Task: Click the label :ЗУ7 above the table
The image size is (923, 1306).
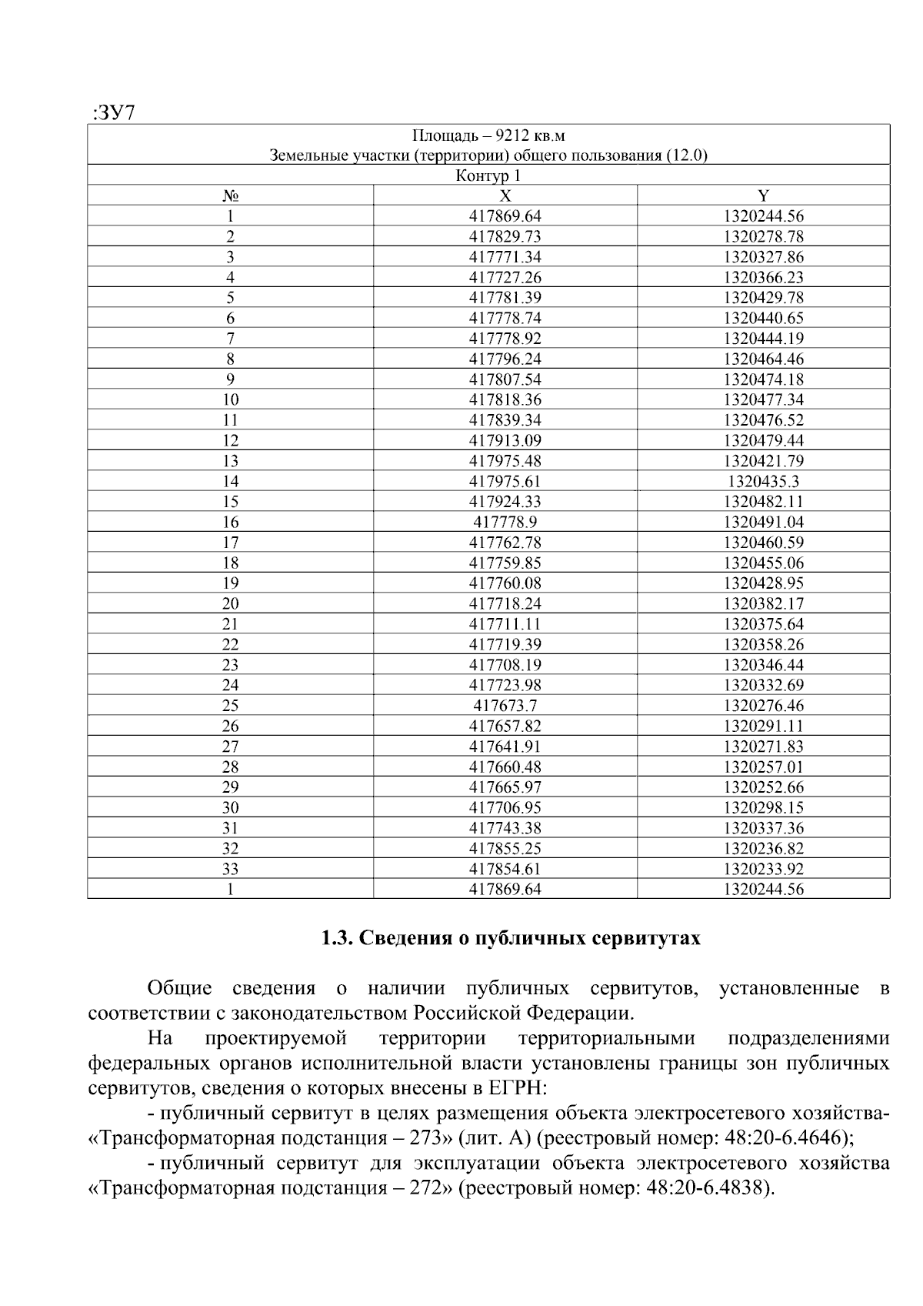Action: coord(113,113)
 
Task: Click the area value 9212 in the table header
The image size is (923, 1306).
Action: coord(511,136)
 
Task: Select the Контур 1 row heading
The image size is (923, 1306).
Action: coord(488,175)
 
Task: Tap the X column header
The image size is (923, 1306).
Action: coord(505,195)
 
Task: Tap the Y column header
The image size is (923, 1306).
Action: coord(763,195)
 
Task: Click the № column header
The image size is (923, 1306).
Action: coord(230,195)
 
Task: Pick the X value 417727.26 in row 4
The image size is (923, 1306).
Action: coord(505,277)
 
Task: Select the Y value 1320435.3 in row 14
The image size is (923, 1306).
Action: coord(763,481)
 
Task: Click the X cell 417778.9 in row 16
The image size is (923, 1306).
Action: coord(505,522)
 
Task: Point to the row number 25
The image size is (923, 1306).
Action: coord(230,706)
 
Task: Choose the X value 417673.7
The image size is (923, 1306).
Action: coord(505,706)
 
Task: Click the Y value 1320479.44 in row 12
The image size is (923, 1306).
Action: coord(763,440)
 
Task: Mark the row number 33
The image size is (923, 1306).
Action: coord(230,869)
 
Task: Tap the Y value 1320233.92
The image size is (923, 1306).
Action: coord(763,869)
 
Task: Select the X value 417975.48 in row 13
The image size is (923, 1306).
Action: coord(505,461)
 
